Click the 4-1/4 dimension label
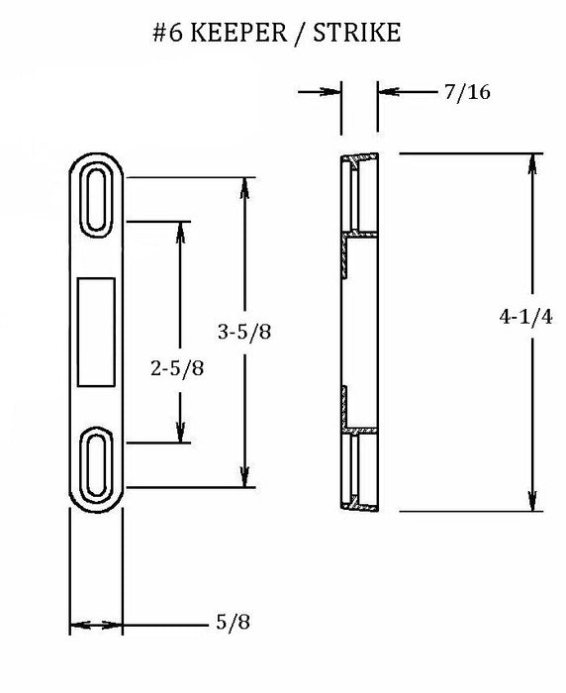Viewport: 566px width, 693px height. (x=519, y=318)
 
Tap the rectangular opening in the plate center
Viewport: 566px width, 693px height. (x=96, y=329)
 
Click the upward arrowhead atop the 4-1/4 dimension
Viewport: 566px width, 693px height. (x=533, y=163)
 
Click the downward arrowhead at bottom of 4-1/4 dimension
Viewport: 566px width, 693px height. (x=533, y=502)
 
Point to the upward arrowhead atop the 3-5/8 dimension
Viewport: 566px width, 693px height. (x=243, y=187)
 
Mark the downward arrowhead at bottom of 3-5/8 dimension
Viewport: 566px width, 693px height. (x=243, y=478)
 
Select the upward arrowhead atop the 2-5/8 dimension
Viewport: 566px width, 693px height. (x=180, y=231)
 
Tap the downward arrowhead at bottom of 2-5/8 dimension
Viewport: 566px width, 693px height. (x=180, y=435)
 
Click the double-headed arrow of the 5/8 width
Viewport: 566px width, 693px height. (x=96, y=626)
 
